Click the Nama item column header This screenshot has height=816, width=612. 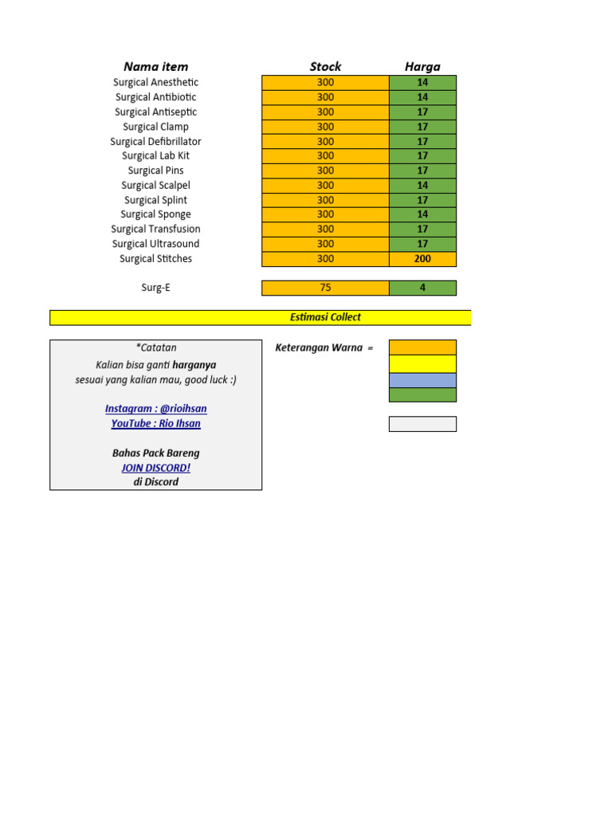pos(155,66)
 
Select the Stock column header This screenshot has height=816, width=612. pos(325,66)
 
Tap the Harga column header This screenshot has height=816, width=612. pos(422,66)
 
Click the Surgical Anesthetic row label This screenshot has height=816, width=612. pos(155,82)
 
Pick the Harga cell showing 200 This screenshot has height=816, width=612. pos(422,259)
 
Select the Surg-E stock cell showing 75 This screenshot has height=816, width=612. pos(325,288)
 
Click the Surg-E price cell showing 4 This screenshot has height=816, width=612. pos(422,288)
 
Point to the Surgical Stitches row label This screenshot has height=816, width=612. pos(155,259)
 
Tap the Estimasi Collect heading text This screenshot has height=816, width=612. pos(325,317)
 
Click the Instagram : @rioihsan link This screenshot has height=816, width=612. pos(155,409)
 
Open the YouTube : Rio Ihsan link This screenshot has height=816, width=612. pos(155,423)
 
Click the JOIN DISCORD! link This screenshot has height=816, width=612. pos(155,468)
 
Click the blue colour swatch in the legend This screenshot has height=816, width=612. pos(422,380)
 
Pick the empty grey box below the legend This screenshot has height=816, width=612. pos(422,424)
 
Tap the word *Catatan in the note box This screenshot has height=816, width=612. pos(155,347)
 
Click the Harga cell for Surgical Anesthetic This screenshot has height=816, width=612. pos(422,82)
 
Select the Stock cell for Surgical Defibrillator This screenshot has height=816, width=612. pos(325,141)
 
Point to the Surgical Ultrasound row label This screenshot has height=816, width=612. pos(155,244)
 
